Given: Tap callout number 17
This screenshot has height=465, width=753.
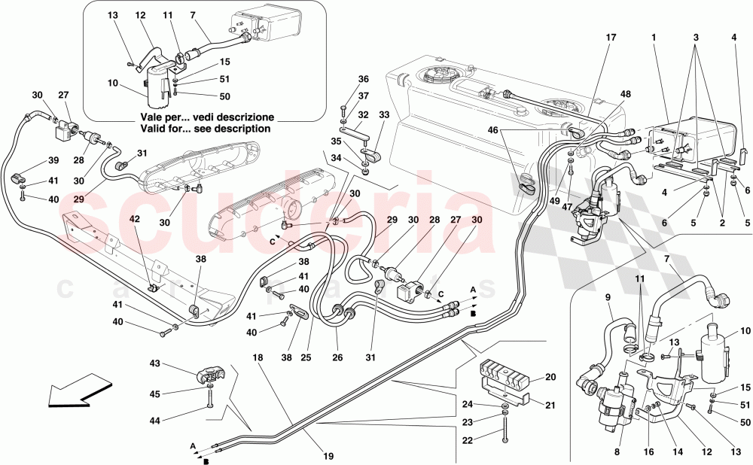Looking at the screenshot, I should (x=610, y=36).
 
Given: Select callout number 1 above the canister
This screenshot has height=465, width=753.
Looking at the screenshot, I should (x=655, y=36).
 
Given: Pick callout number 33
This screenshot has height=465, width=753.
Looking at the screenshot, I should (x=385, y=115).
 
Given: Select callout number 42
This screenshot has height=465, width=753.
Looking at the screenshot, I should (x=134, y=219).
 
